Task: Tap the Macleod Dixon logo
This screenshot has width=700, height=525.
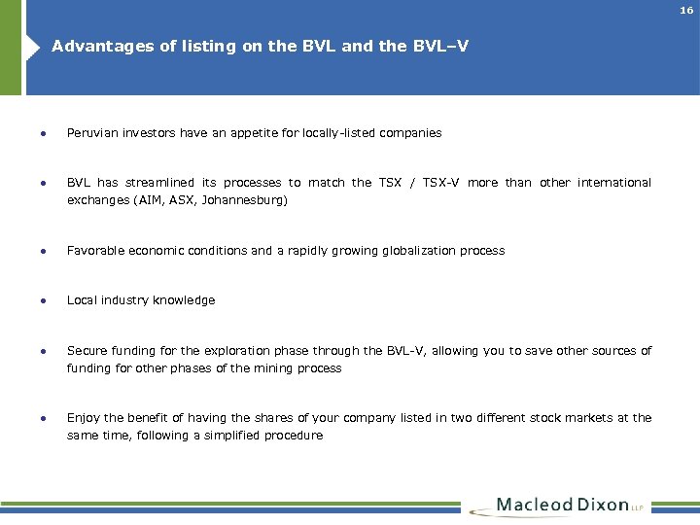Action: pos(565,506)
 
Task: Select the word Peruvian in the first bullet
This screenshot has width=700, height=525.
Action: pos(92,132)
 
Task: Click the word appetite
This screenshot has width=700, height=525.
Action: pos(256,132)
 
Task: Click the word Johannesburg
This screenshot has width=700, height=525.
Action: pos(247,200)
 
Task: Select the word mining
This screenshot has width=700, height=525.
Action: pos(280,368)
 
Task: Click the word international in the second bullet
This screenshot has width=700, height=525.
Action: pos(613,183)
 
